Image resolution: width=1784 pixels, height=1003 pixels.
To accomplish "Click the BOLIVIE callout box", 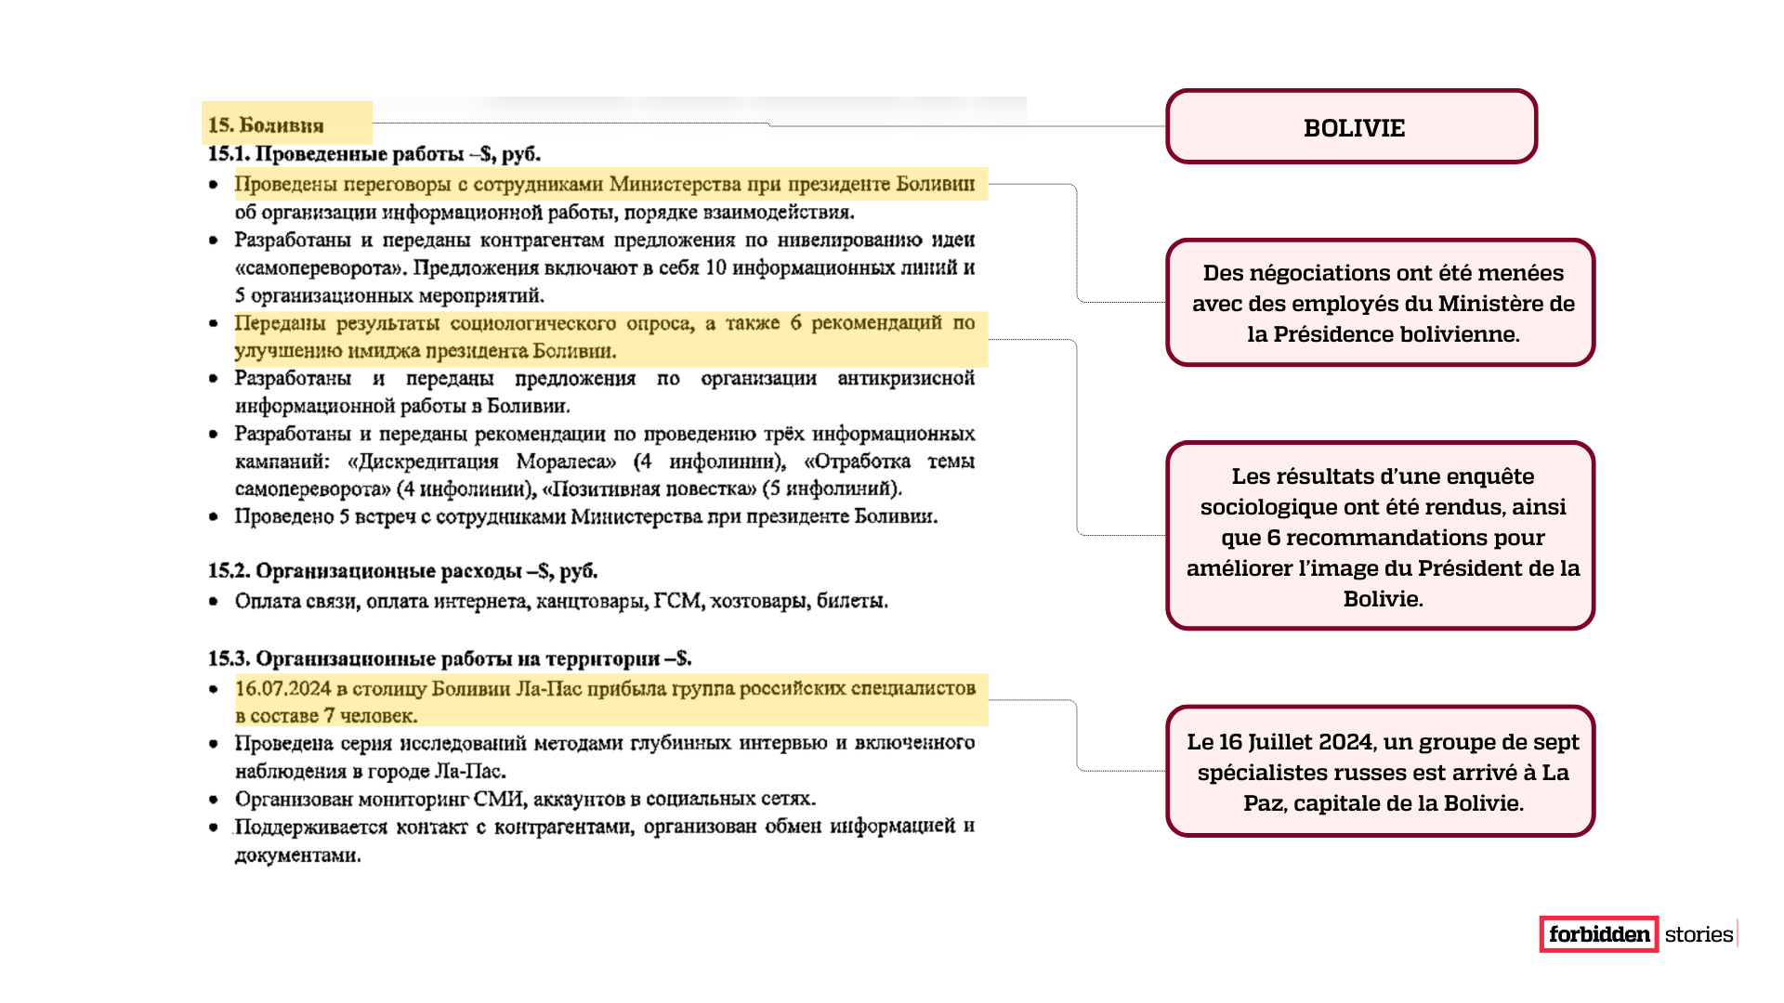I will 1352,127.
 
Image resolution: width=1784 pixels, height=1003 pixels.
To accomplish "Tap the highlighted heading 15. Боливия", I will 266,125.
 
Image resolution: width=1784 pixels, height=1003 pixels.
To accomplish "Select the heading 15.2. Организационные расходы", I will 402,571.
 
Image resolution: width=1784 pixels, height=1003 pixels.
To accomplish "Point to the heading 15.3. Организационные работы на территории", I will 449,658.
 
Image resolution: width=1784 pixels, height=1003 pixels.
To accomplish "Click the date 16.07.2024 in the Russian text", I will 283,688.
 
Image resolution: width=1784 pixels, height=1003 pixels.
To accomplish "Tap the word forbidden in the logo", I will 1599,934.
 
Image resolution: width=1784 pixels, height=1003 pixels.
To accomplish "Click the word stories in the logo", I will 1699,934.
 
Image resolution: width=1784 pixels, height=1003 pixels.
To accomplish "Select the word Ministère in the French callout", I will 1495,304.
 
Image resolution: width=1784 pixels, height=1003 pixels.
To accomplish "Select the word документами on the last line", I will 297,855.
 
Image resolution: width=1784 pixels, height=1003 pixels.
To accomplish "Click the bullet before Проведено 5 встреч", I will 214,516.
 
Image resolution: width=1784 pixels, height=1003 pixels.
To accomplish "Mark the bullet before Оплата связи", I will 214,602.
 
